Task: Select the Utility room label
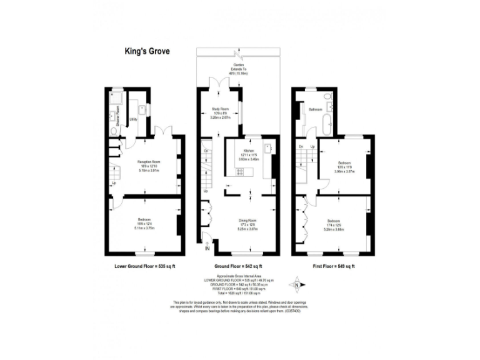click(133, 119)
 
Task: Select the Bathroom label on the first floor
click(314, 109)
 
